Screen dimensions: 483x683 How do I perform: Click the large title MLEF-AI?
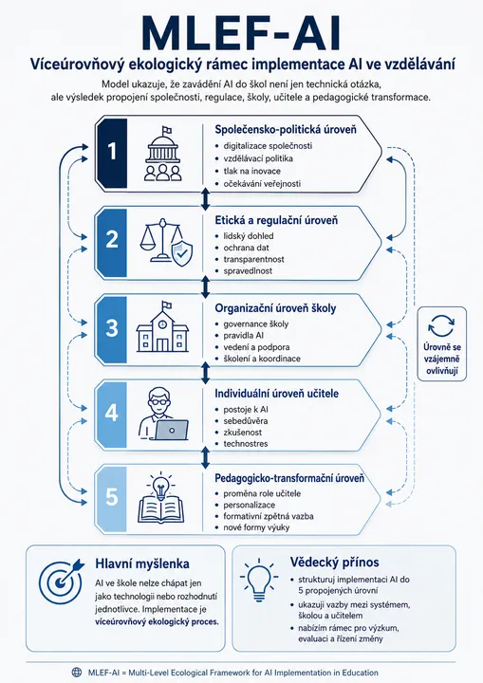coord(241,33)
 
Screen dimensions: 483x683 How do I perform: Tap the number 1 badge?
coord(112,153)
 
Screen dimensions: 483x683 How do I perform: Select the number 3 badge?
coord(112,328)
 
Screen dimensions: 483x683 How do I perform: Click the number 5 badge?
coord(112,497)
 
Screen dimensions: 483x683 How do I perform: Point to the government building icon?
coord(162,154)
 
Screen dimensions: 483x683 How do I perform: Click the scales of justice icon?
coord(166,242)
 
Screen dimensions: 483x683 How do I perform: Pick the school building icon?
coord(162,326)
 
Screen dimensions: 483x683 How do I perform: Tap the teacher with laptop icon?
coord(163,415)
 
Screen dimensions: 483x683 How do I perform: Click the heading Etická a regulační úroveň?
coord(276,220)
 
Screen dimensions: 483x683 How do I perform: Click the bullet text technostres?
coord(246,444)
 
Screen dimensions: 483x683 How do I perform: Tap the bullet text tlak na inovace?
coord(252,171)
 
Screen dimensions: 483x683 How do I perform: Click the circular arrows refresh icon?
coord(441,326)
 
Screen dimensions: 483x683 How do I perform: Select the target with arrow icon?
coord(61,579)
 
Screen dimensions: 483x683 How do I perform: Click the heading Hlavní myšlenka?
coord(142,563)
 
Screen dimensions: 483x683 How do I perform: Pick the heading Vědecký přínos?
coord(335,562)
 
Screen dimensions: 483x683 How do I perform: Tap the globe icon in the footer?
coord(77,673)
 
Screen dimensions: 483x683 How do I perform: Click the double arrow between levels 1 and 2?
coord(205,199)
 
